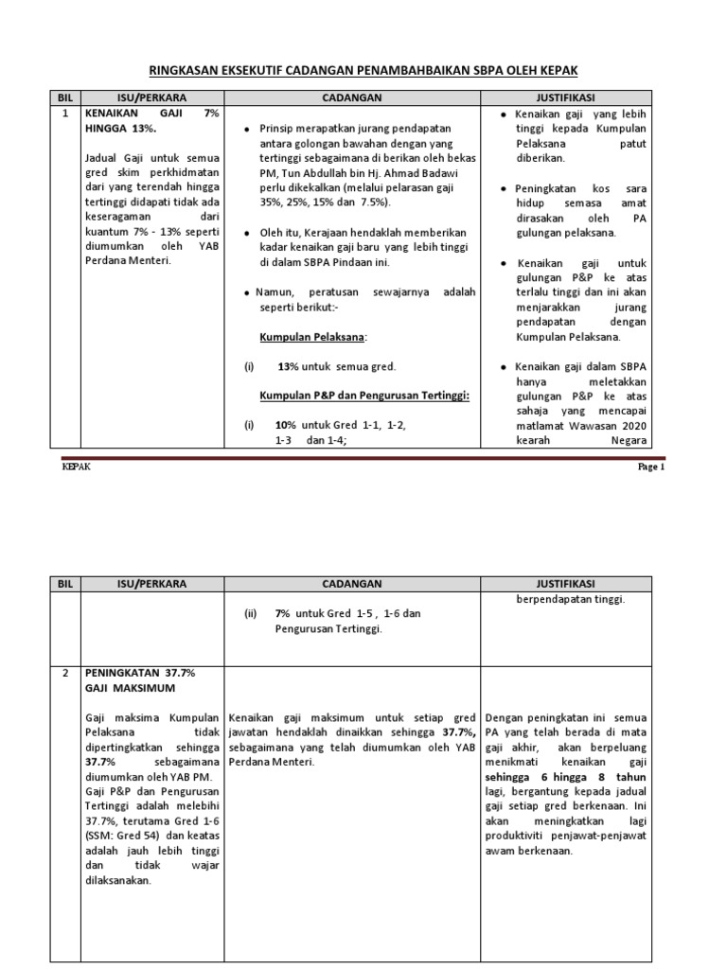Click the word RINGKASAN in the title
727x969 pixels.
186,71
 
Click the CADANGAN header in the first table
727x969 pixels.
352,97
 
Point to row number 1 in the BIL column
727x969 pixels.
65,113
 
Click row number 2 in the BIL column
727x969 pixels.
65,672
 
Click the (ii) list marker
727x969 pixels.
250,613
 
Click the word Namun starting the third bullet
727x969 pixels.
274,292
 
